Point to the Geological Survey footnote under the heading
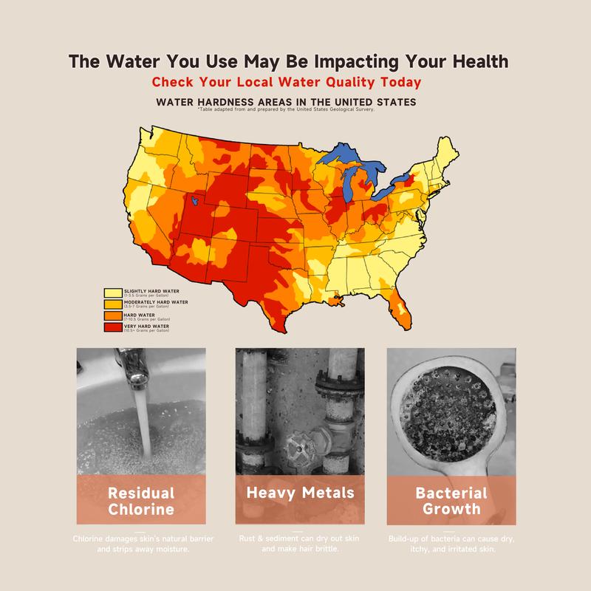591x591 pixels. point(286,109)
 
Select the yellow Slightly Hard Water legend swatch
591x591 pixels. point(113,293)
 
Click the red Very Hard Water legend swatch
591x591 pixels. point(113,326)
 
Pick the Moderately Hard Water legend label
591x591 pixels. point(155,302)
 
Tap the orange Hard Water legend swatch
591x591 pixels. point(113,315)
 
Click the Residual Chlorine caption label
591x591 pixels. point(141,500)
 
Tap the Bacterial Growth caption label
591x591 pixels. point(451,500)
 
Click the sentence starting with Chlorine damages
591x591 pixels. point(141,544)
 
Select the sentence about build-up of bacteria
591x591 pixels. point(451,544)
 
